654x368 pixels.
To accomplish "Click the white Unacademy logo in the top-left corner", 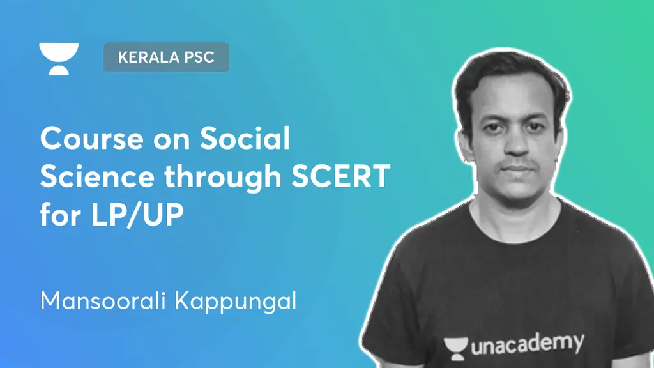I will click(59, 58).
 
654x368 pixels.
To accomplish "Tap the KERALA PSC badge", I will click(166, 57).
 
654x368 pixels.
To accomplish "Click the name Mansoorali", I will click(102, 301).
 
